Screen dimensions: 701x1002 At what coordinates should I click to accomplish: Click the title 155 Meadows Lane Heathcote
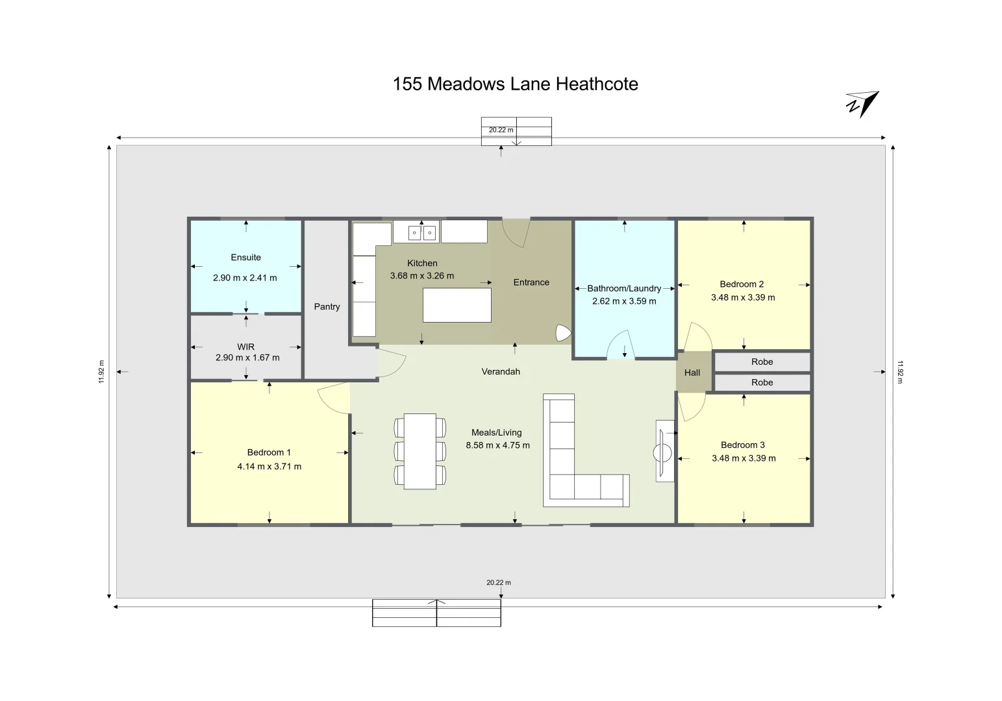coord(515,84)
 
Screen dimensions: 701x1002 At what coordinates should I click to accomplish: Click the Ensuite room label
coord(245,258)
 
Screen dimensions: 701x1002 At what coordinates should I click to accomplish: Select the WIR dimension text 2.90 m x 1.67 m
coord(247,358)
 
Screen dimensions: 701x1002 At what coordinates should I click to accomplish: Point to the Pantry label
coord(327,307)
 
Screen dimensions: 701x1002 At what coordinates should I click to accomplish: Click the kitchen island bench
coord(457,305)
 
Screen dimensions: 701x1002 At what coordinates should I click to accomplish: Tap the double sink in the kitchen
coord(422,232)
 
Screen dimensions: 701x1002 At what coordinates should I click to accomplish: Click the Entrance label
coord(531,282)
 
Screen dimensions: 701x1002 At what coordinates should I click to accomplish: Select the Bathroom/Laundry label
coord(624,288)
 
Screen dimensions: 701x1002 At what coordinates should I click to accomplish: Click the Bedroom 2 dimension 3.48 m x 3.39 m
coord(743,298)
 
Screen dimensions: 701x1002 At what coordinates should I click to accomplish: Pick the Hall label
coord(692,373)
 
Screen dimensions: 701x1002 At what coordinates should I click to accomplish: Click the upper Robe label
coord(762,362)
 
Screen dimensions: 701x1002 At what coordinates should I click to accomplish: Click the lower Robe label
coord(762,383)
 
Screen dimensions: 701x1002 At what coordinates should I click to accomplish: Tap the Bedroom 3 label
coord(743,445)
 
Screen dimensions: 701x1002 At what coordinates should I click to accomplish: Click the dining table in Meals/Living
coord(420,451)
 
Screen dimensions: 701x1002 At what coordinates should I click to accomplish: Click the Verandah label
coord(501,372)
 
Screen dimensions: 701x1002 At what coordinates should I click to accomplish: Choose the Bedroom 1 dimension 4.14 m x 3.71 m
coord(269,467)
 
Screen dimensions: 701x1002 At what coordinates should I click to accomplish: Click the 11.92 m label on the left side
coord(101,372)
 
